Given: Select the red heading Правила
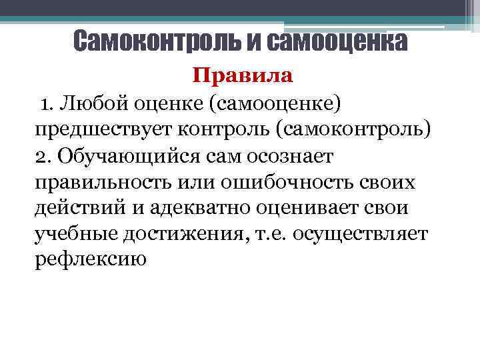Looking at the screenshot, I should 243,75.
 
